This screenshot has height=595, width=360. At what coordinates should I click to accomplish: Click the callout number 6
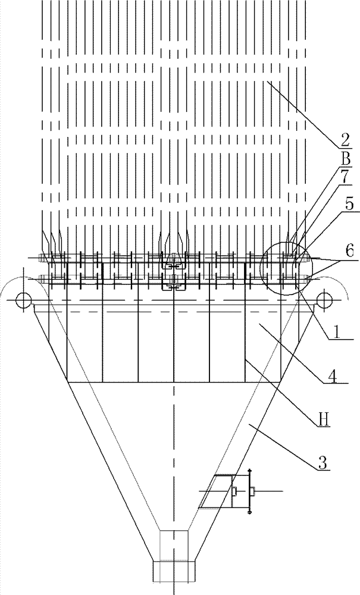point(349,252)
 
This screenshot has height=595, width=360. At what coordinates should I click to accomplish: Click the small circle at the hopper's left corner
point(23,300)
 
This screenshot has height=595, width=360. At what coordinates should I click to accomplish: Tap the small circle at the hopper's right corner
point(325,300)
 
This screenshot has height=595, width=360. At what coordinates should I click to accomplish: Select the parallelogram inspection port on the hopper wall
point(215,491)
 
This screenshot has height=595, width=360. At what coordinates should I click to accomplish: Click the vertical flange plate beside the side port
point(249,491)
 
